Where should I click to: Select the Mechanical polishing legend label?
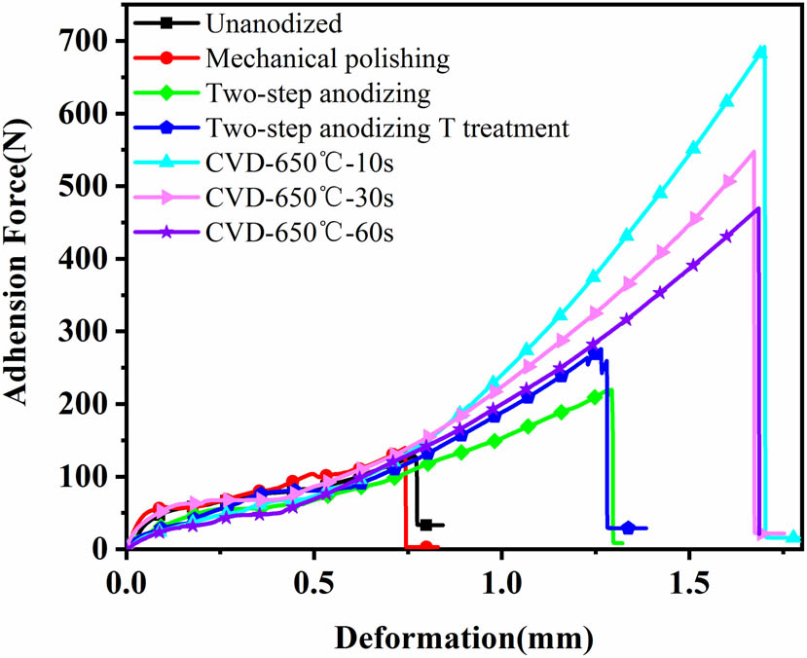pos(327,57)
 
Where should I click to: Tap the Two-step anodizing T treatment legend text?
pos(387,127)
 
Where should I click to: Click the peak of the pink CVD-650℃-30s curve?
pos(753,152)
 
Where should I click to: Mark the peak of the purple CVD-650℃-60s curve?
pos(757,207)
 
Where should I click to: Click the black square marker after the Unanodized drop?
pos(425,525)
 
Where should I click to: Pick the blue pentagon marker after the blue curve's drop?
pos(628,528)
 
